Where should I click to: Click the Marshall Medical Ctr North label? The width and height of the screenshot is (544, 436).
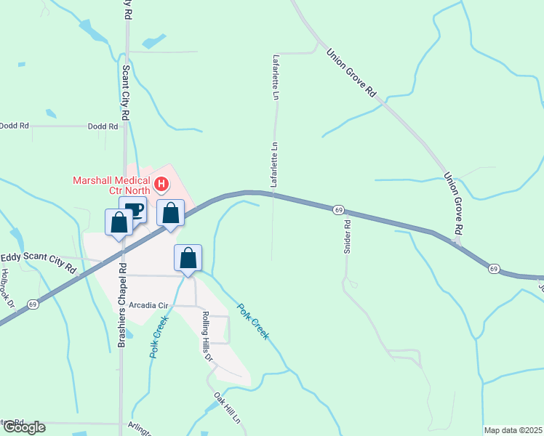111,185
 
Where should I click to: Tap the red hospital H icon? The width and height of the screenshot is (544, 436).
162,185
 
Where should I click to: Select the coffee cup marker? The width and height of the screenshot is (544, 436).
132,211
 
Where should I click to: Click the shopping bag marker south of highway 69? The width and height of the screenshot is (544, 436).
188,258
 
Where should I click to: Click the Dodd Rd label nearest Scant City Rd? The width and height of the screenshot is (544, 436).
103,126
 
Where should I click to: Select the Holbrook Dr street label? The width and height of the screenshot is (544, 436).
7,286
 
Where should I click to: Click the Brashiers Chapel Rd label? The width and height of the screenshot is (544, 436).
122,304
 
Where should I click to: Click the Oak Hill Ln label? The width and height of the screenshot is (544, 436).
226,408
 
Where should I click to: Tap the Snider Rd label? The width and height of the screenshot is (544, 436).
347,236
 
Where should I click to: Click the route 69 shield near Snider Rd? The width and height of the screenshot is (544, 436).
339,209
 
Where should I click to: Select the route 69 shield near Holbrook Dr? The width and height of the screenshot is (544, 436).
32,303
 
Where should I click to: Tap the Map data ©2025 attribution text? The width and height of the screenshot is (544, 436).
513,430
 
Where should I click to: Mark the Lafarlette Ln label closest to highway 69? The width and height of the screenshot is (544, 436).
274,166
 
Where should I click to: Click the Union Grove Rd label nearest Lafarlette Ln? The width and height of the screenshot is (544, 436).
351,73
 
